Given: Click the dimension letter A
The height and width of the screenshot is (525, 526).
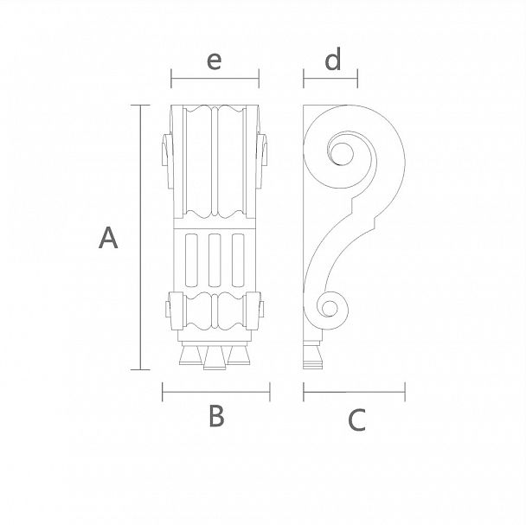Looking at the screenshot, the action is [108, 238].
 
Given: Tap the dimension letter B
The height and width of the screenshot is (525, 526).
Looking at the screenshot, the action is [216, 416].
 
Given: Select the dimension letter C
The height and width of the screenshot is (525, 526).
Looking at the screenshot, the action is [356, 419].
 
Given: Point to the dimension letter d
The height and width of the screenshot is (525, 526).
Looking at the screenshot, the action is [333, 59].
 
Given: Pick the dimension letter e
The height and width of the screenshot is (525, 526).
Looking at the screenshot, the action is [214, 61].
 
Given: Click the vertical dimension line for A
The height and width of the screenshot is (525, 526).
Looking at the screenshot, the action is [140, 237].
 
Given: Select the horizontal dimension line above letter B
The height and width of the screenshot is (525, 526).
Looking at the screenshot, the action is [216, 392].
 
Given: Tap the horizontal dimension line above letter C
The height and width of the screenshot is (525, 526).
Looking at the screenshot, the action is [354, 392].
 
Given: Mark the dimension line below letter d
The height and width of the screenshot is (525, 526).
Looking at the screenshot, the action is [330, 79].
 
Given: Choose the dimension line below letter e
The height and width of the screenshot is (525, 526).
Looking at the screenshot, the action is [215, 79].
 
